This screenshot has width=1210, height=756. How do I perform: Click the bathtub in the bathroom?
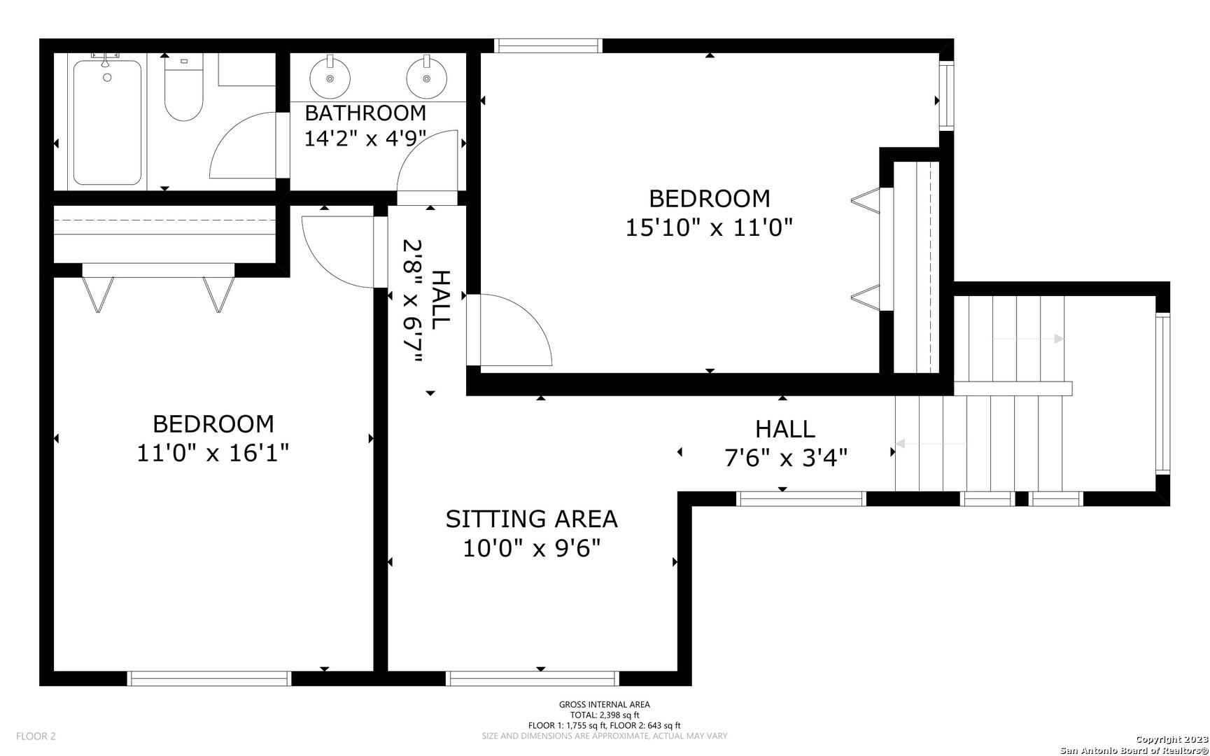(x=107, y=122)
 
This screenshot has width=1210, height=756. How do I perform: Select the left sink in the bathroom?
(x=330, y=77)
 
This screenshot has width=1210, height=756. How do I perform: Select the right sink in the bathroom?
(x=426, y=77)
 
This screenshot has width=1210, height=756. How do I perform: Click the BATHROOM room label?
(x=365, y=113)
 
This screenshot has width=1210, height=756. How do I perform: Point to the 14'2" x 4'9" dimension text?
(x=365, y=139)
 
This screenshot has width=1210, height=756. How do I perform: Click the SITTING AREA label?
(x=532, y=519)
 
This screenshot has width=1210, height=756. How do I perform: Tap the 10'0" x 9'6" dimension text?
(x=532, y=548)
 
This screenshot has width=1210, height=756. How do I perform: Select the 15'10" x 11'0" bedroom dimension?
(x=710, y=227)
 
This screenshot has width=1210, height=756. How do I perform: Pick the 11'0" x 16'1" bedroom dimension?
(x=213, y=453)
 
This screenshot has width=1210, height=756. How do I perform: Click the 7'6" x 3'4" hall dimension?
(x=785, y=458)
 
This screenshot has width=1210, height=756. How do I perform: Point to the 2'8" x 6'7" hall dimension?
(x=413, y=302)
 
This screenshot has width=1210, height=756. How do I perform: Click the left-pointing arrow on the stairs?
(x=931, y=443)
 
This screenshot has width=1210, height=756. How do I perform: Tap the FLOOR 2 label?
(x=36, y=736)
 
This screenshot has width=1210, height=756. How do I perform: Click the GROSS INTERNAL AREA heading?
(x=605, y=705)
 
